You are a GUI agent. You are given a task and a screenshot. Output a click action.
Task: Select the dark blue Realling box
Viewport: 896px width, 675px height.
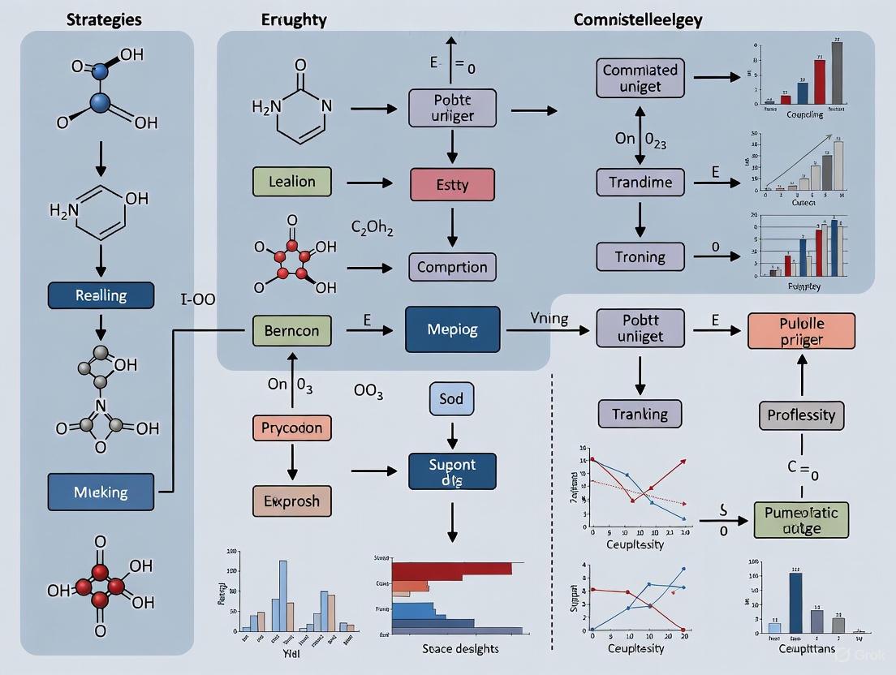click(101, 295)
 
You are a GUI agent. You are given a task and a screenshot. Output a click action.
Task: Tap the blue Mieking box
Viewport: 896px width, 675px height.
click(101, 492)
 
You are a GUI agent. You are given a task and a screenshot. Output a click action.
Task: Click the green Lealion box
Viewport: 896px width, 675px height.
click(292, 182)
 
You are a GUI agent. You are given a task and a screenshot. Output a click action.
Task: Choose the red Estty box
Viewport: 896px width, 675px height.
click(452, 184)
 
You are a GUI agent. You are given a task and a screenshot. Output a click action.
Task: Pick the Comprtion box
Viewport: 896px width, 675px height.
click(452, 267)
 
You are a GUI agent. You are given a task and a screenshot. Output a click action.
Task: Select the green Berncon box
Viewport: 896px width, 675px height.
click(291, 330)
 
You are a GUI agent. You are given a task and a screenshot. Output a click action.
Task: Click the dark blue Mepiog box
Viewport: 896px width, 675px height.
click(452, 329)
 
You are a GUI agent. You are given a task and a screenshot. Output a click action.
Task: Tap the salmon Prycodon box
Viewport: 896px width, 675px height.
click(291, 428)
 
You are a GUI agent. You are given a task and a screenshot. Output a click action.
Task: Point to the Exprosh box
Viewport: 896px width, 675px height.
click(291, 501)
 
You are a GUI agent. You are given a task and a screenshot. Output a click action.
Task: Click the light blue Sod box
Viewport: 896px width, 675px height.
click(450, 400)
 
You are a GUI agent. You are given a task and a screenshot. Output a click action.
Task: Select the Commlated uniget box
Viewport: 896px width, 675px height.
click(640, 78)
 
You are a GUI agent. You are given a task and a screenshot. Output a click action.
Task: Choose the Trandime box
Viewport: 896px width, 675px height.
click(640, 183)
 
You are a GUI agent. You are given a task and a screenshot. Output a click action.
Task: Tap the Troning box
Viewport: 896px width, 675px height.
click(640, 257)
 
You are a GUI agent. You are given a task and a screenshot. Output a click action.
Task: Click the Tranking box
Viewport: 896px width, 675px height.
click(640, 414)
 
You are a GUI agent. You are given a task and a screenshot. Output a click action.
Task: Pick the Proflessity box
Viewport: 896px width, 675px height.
click(801, 415)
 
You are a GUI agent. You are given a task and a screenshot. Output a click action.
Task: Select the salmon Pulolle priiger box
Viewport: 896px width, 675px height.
click(801, 331)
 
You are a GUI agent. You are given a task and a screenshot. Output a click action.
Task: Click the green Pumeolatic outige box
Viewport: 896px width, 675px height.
click(801, 520)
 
